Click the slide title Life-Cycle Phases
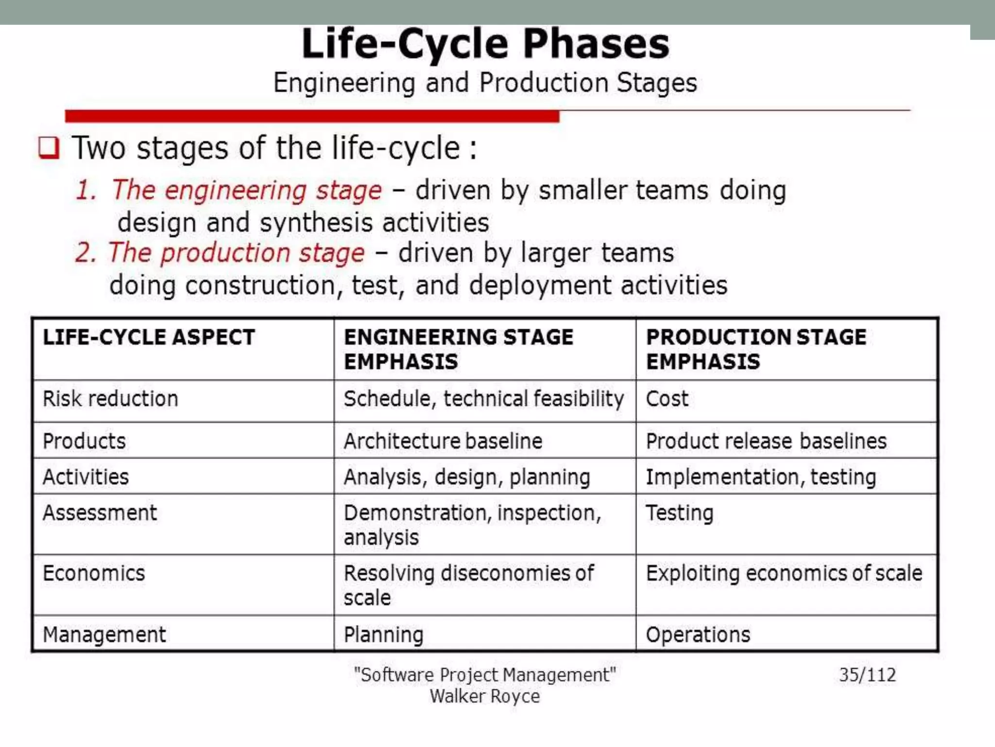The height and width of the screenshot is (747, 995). [x=485, y=44]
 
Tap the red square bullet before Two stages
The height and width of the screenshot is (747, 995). [x=49, y=148]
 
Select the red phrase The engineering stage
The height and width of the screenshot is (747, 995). [x=247, y=190]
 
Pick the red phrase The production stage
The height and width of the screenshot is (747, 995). [x=236, y=253]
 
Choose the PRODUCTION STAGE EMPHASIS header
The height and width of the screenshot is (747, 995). [x=755, y=349]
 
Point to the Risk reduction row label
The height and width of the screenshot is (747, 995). [x=110, y=399]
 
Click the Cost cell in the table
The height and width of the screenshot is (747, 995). [x=667, y=399]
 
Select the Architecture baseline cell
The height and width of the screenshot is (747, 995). [x=443, y=441]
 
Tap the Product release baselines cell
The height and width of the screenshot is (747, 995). [x=766, y=441]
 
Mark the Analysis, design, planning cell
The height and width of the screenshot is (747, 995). [x=466, y=477]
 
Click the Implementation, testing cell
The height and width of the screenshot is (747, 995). [x=760, y=477]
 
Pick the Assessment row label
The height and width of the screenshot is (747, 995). [x=100, y=513]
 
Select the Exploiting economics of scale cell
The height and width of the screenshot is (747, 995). [x=784, y=573]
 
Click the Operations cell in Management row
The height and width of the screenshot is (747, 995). [x=698, y=635]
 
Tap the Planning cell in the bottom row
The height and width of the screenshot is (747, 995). [x=383, y=635]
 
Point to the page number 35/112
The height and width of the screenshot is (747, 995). [x=867, y=675]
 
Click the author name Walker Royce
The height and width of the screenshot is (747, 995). [x=484, y=696]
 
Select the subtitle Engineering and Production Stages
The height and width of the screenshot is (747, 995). [x=485, y=83]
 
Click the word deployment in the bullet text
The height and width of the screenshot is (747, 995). [x=539, y=285]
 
